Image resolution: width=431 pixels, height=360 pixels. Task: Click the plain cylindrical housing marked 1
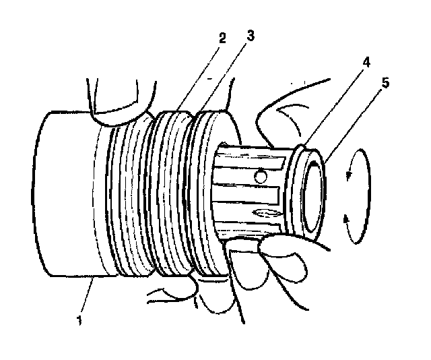point(67,196)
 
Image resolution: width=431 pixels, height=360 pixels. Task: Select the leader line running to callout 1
point(88,297)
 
